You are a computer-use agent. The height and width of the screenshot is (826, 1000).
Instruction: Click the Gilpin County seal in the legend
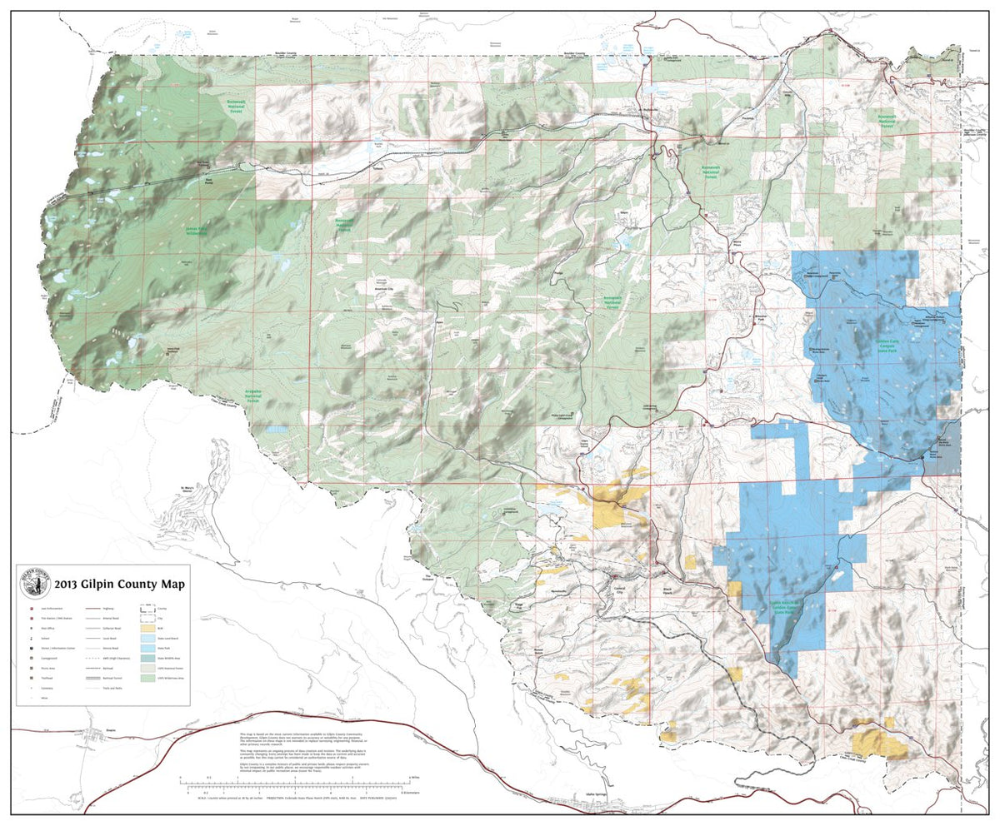click(35, 583)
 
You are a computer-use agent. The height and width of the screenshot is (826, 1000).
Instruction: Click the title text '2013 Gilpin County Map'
click(120, 584)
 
